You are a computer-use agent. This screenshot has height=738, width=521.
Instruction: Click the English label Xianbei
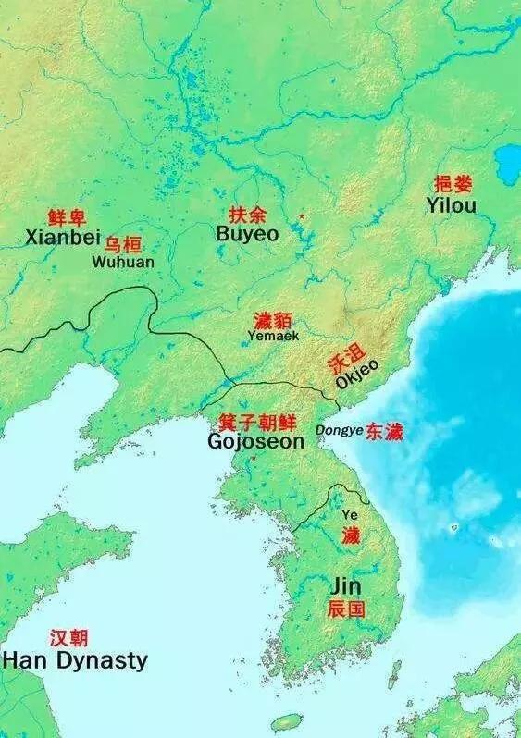coord(63,239)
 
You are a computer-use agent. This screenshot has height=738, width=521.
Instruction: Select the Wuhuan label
coord(123,262)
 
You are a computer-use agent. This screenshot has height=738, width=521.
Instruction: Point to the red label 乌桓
coord(122,244)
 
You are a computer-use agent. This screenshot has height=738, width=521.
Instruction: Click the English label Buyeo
coord(247,235)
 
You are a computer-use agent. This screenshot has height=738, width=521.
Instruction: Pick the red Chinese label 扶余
coord(247,215)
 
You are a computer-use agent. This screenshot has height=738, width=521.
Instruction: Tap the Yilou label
coord(452,205)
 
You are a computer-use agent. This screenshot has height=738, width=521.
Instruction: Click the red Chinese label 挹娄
coord(453,184)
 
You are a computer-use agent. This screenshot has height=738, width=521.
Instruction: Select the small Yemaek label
coord(273,337)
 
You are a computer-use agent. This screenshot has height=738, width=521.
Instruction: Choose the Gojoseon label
coord(255,442)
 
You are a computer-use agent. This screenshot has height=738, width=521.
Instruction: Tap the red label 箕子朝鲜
coord(257,422)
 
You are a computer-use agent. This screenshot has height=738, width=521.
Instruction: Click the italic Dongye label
coord(338,430)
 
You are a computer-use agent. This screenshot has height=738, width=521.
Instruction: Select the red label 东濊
coord(384,431)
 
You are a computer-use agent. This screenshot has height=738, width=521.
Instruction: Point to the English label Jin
coord(345,587)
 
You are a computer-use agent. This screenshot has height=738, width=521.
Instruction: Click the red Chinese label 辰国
coord(346,609)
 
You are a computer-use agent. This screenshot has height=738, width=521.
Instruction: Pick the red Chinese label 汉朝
coord(69,638)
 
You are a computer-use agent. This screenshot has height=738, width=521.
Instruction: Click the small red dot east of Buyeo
coord(301,216)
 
